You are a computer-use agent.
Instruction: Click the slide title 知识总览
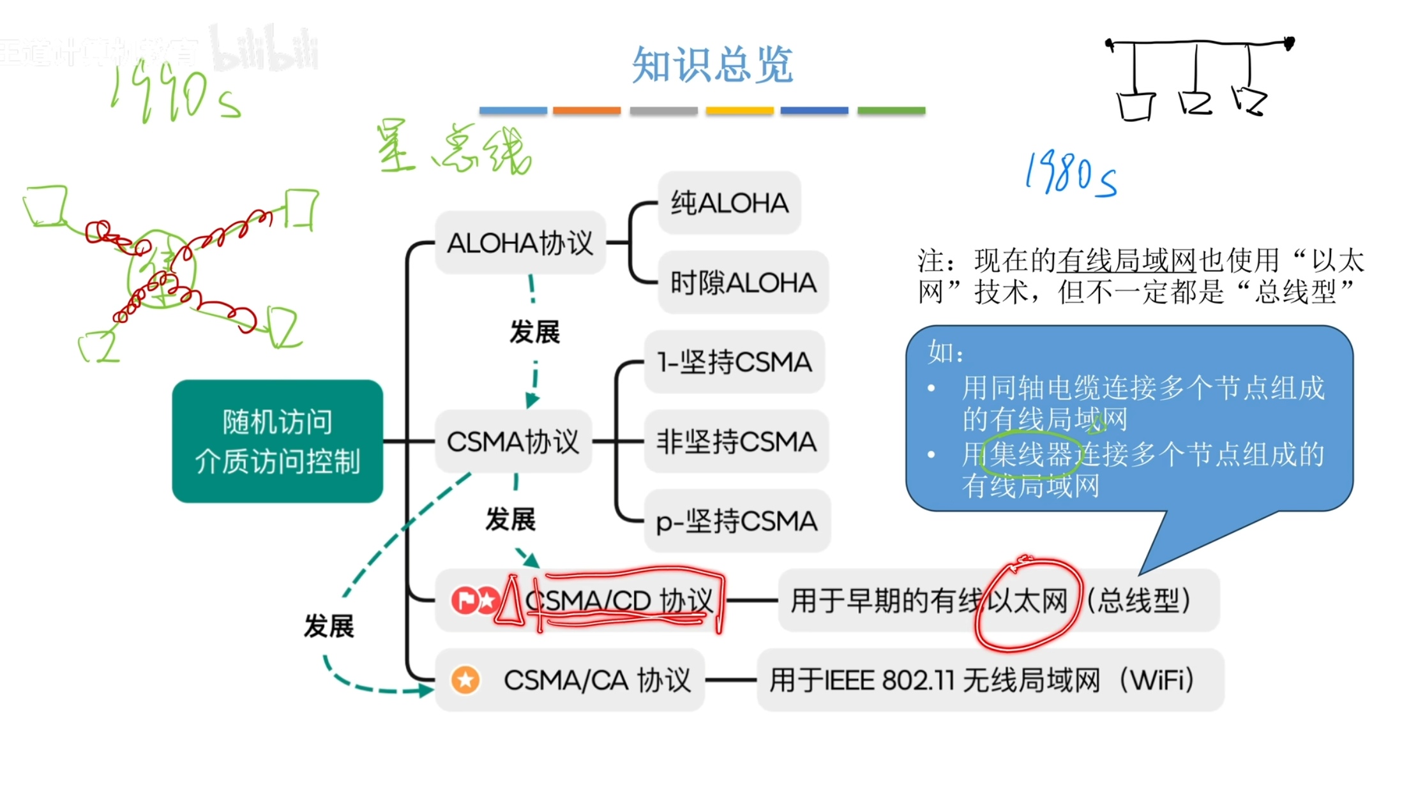click(712, 65)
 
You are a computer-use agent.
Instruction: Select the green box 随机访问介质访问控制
click(278, 441)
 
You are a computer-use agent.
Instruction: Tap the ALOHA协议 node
click(520, 243)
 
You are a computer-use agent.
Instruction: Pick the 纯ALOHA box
click(729, 203)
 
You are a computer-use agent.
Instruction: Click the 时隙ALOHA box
click(743, 282)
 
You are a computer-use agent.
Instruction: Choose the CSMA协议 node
click(513, 442)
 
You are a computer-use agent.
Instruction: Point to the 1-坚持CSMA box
click(734, 362)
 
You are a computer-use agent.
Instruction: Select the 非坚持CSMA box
click(736, 442)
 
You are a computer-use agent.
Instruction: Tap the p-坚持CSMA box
click(737, 521)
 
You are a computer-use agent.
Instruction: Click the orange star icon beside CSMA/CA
click(465, 680)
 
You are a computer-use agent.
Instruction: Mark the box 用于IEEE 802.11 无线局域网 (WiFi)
click(990, 680)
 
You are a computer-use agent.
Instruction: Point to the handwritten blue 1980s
click(1071, 174)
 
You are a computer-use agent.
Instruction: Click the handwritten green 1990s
click(176, 94)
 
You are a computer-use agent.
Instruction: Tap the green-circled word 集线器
click(1030, 455)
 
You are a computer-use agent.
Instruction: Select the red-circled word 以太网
click(1027, 601)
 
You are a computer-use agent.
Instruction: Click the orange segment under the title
click(586, 111)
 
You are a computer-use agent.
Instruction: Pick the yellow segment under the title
click(739, 111)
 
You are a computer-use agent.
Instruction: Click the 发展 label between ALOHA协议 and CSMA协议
click(534, 332)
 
